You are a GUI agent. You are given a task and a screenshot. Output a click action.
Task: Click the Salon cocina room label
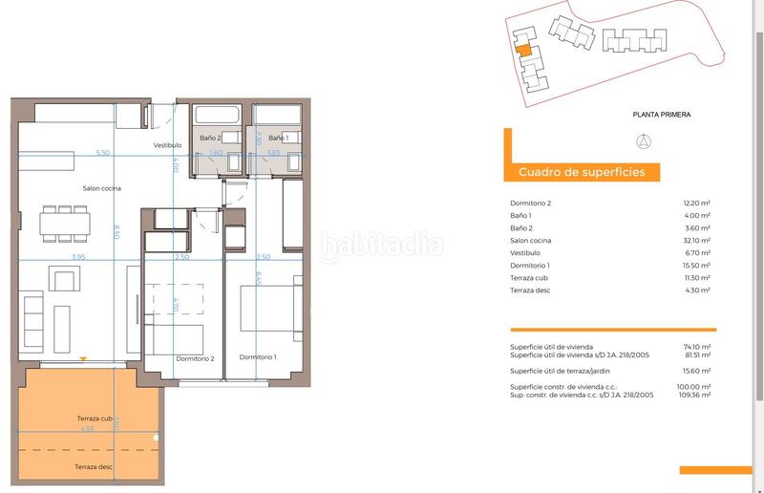[x=100, y=188]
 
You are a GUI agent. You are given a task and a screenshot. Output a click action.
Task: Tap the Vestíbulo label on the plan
[x=167, y=145]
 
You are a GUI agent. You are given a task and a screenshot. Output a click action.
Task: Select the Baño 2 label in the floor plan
[x=210, y=139]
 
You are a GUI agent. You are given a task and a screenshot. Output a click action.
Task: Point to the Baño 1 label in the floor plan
[x=278, y=139]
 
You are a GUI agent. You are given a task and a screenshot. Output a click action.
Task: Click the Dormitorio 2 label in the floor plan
[x=195, y=357]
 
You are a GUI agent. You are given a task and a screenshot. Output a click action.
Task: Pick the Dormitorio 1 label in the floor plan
[x=258, y=357]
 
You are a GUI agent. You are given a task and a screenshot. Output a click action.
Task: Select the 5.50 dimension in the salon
[x=102, y=153]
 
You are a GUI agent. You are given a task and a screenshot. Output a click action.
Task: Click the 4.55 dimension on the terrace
[x=87, y=430]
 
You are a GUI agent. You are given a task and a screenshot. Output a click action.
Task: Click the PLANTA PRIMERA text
[x=661, y=115]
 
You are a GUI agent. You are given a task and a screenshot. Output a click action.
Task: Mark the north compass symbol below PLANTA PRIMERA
[x=644, y=142]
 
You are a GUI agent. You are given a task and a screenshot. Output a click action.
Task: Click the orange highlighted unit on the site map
[x=522, y=54]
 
